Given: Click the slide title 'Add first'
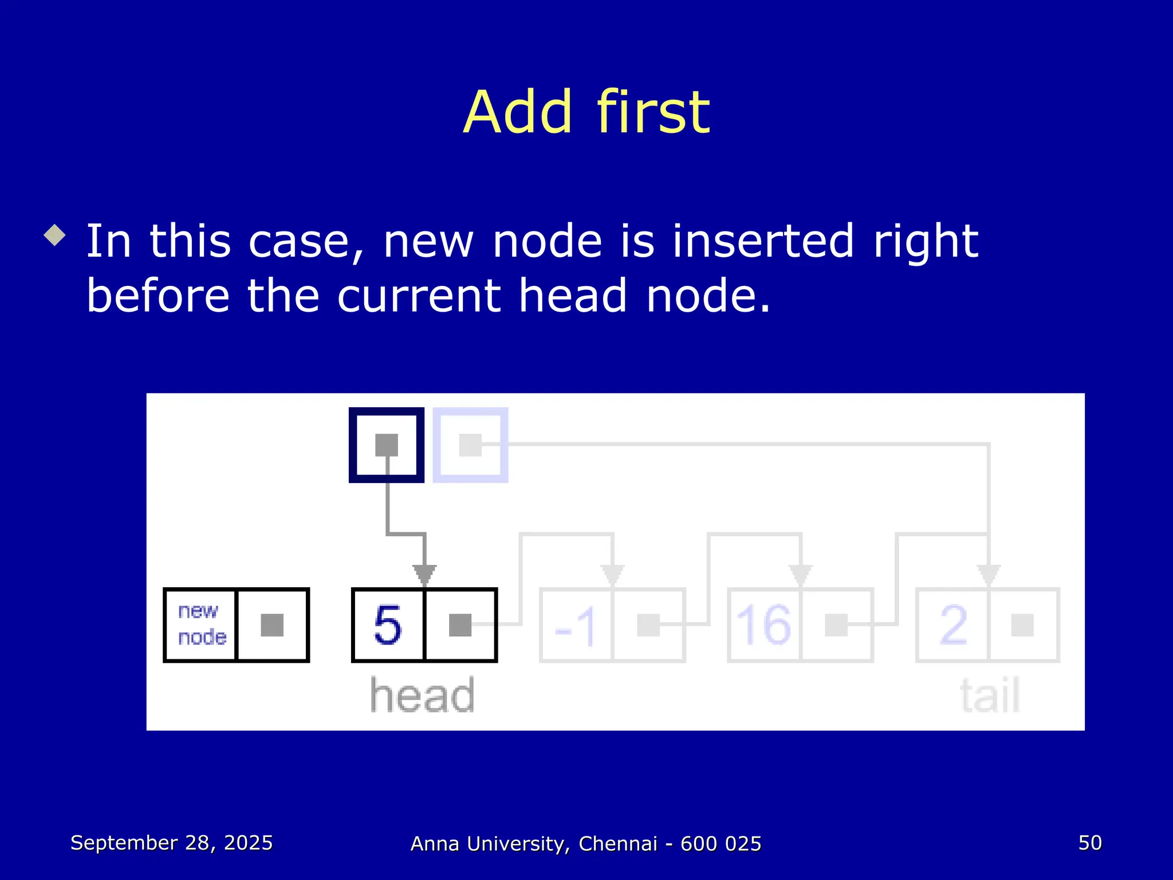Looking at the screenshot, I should pos(586,112).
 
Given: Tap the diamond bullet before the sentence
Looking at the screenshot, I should pos(55,235).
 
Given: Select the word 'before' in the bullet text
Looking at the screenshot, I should pos(158,296).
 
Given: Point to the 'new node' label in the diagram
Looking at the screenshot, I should pos(201,624).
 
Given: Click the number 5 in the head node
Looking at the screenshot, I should pos(388,625).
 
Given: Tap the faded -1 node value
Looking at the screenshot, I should pos(576,626).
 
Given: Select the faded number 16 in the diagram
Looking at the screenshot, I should pos(763,625).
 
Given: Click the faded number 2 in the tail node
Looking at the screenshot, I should pos(953,625).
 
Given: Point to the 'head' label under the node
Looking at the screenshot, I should pos(423,696).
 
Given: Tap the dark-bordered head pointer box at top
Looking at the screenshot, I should pos(387,445).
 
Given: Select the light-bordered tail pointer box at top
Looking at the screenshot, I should pos(470,445).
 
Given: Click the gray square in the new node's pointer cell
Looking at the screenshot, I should pos(272,625).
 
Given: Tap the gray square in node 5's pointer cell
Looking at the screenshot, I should pos(460,625).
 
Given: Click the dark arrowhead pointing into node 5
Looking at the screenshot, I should pos(424,575).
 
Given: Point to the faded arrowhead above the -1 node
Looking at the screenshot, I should pos(612,575).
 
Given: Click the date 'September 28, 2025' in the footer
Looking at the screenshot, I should pos(171,843).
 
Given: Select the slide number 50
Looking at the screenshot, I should pos(1090,843).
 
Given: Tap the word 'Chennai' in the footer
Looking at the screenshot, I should pos(618,844).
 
